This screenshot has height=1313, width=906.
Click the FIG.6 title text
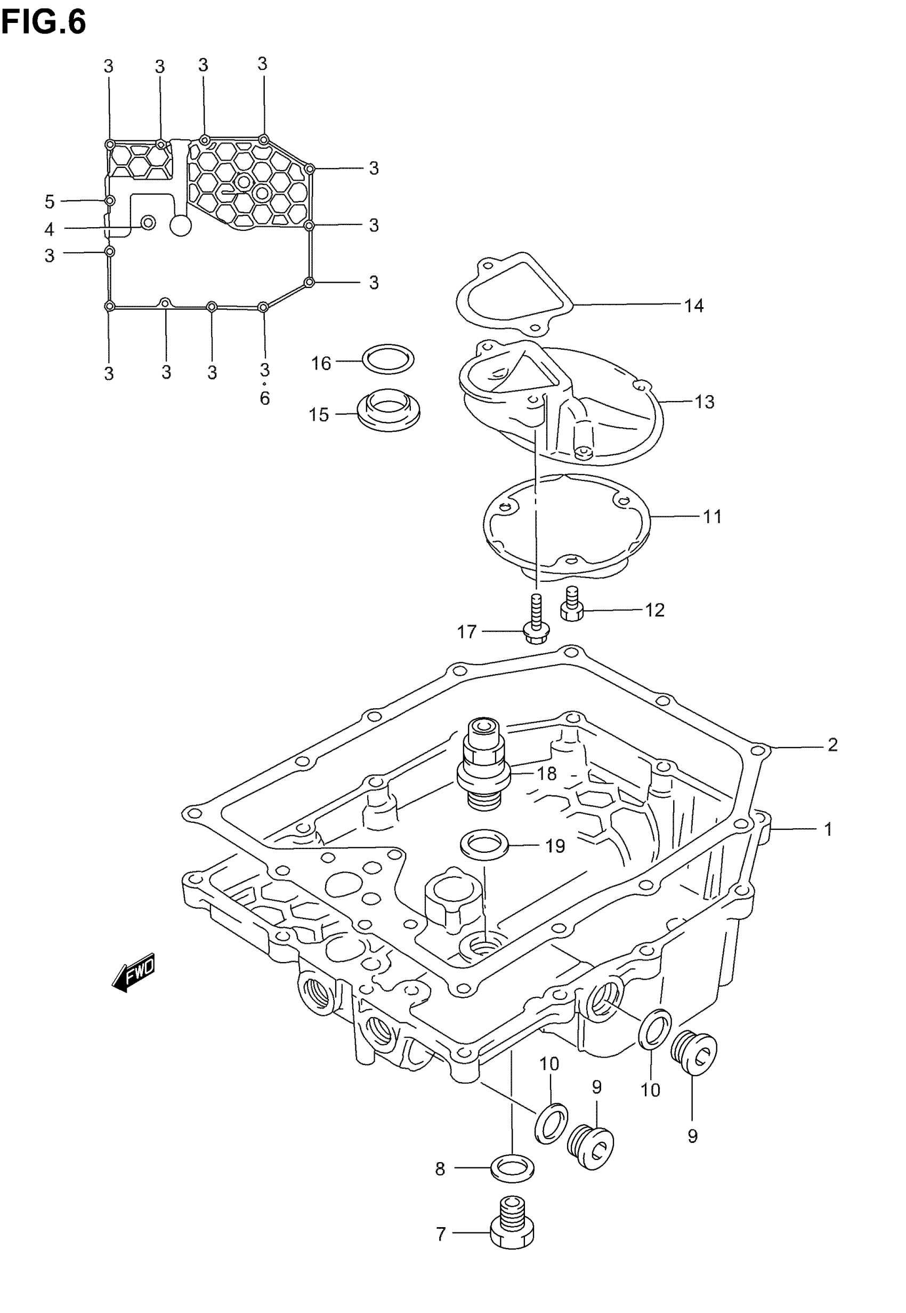point(43,23)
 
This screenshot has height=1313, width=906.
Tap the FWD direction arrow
point(134,973)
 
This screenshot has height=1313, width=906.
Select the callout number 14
point(693,306)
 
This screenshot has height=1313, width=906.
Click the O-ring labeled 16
point(389,359)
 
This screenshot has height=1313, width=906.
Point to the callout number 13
point(704,402)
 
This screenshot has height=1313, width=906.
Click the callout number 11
point(712,517)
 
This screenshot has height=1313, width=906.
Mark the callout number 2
point(832,744)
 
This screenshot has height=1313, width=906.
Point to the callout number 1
point(828,830)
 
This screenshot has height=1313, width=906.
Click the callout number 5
point(50,202)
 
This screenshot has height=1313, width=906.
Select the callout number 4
point(50,229)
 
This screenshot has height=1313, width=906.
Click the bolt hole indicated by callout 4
point(148,222)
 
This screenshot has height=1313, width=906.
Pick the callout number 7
point(441,1234)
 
